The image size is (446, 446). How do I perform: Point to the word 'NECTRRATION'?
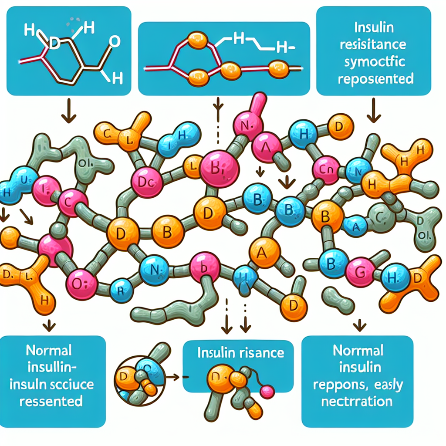[357, 401]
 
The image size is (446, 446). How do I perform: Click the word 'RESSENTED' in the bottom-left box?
[51, 401]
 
